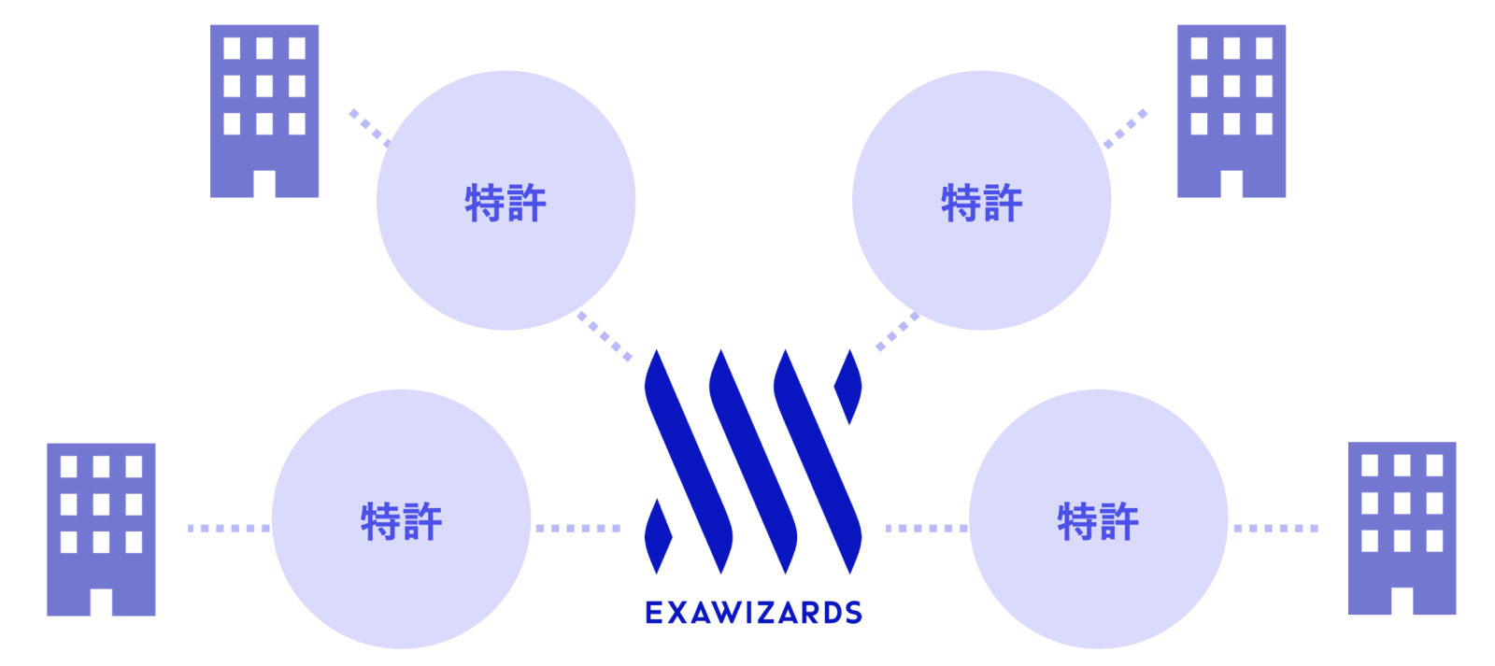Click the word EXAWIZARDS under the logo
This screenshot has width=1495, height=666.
point(753,613)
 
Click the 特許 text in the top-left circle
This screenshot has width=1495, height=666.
point(505,203)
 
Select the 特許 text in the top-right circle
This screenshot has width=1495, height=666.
point(981,203)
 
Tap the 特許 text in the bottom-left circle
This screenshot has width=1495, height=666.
point(401,521)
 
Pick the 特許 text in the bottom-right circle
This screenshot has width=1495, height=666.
point(1098,521)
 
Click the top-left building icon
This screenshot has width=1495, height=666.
point(264,110)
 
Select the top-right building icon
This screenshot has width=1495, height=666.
point(1231,110)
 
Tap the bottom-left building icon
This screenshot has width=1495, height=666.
point(101,529)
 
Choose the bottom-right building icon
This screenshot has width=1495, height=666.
point(1402,528)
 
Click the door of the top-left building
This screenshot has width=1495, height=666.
point(264,183)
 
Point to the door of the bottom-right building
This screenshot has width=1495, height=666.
point(1402,601)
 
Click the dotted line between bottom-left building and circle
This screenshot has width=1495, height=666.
point(228,529)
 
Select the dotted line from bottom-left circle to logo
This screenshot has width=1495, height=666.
point(577,529)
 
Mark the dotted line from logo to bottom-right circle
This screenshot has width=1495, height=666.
point(926,529)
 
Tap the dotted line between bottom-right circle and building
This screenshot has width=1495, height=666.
point(1275,529)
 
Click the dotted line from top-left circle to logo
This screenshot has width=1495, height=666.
point(605,337)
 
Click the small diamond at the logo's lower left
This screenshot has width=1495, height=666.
point(658,535)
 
